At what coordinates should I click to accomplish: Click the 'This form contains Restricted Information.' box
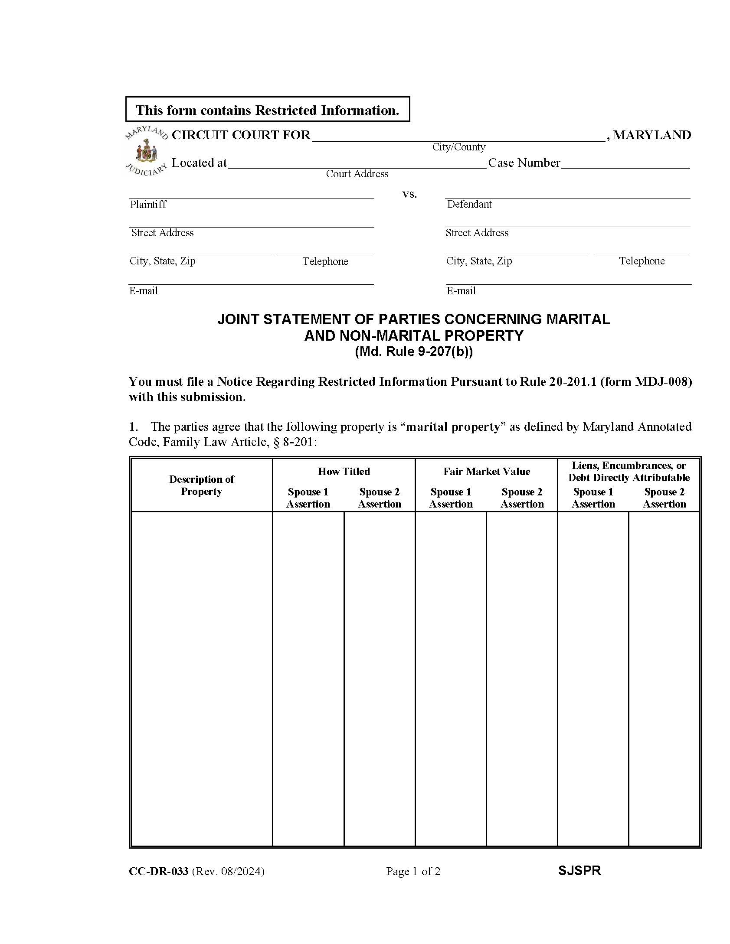pyautogui.click(x=267, y=109)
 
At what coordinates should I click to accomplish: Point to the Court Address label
pyautogui.click(x=357, y=174)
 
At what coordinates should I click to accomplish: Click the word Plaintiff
pyautogui.click(x=148, y=205)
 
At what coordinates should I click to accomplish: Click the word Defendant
pyautogui.click(x=469, y=204)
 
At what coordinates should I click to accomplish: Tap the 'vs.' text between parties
pyautogui.click(x=409, y=194)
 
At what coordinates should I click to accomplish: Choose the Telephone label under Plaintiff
pyautogui.click(x=325, y=261)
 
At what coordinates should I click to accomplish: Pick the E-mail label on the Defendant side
pyautogui.click(x=461, y=291)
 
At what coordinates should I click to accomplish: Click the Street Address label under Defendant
pyautogui.click(x=477, y=233)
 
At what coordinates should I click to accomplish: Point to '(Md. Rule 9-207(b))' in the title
pyautogui.click(x=413, y=352)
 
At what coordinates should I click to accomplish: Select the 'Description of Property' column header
pyautogui.click(x=201, y=485)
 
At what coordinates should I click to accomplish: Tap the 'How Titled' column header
pyautogui.click(x=344, y=471)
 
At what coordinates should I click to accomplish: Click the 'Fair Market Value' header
pyautogui.click(x=486, y=471)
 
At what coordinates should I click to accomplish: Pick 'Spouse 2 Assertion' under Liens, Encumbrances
pyautogui.click(x=664, y=498)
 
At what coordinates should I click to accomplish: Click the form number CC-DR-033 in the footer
pyautogui.click(x=158, y=871)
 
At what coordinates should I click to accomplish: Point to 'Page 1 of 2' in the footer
pyautogui.click(x=413, y=871)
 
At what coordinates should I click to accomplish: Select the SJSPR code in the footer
pyautogui.click(x=579, y=871)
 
